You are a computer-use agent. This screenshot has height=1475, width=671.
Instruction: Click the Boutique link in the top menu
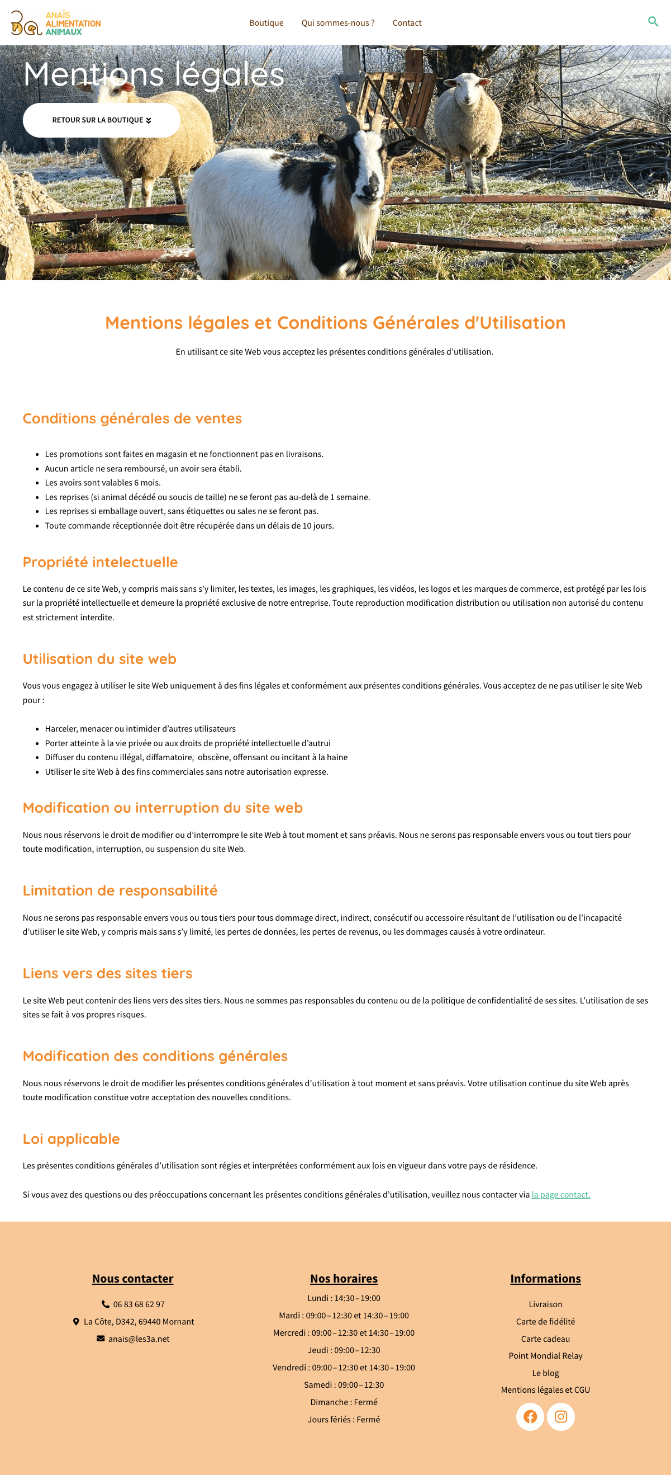click(x=266, y=23)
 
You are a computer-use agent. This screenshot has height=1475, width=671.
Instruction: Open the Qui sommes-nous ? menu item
click(x=337, y=23)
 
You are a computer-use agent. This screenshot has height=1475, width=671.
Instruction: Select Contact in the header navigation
click(x=407, y=23)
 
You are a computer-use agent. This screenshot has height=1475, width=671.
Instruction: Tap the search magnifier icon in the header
click(x=653, y=22)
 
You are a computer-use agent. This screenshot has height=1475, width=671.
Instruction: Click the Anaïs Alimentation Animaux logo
click(x=55, y=23)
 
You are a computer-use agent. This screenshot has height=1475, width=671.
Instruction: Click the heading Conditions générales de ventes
click(x=132, y=418)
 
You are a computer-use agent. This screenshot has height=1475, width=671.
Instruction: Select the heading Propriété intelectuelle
click(x=100, y=562)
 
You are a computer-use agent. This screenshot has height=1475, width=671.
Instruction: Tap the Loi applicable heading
click(x=71, y=1138)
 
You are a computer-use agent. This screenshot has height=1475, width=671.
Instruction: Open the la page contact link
click(x=560, y=1194)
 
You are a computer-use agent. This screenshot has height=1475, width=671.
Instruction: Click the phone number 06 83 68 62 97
click(x=139, y=1304)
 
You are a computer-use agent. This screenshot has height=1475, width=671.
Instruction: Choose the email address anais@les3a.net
click(x=139, y=1339)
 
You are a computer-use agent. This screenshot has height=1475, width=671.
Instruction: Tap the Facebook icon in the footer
click(x=530, y=1416)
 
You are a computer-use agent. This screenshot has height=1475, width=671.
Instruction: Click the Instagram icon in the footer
click(x=560, y=1416)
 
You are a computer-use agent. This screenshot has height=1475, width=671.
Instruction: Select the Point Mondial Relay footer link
click(x=545, y=1355)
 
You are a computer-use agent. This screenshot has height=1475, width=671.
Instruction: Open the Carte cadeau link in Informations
click(x=545, y=1339)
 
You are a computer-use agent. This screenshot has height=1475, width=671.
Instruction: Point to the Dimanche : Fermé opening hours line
click(x=344, y=1402)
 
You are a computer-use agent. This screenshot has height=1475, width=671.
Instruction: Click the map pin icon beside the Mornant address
click(x=76, y=1322)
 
